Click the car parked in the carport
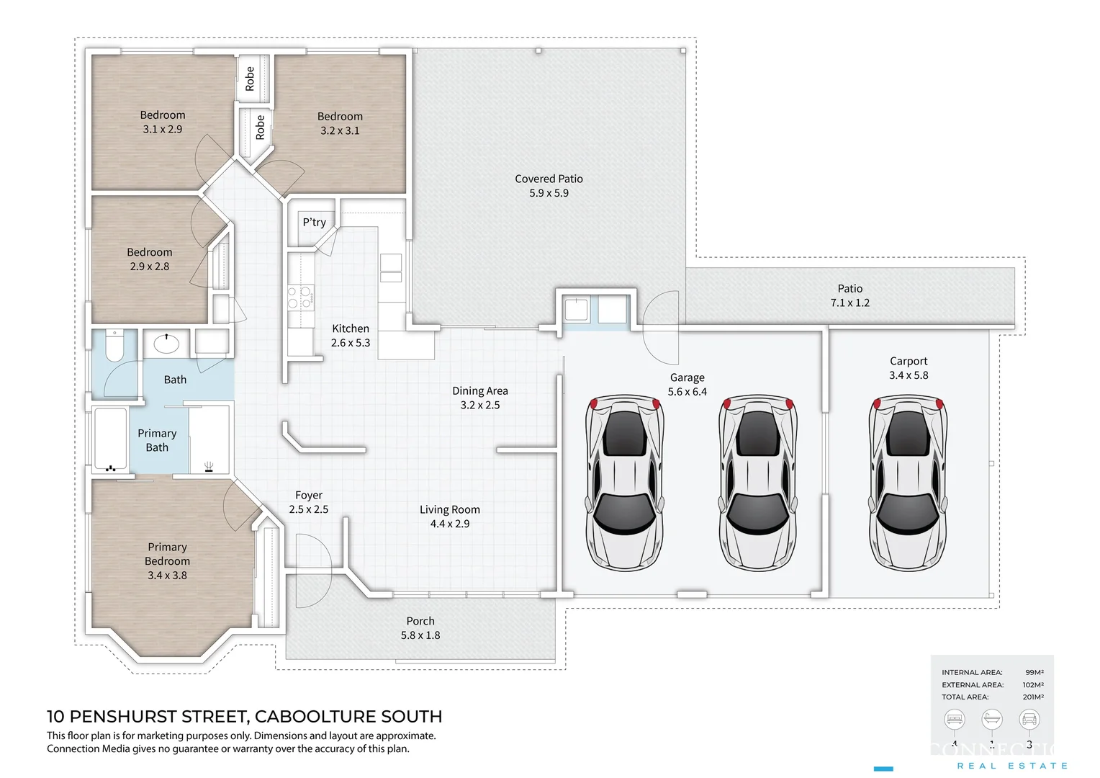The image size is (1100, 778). [908, 482]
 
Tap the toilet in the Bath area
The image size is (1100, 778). [114, 346]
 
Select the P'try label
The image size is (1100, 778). [314, 222]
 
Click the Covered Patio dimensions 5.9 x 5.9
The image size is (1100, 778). [549, 193]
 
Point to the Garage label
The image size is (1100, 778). [687, 377]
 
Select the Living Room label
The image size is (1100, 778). [449, 509]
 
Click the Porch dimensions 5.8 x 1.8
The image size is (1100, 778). [420, 635]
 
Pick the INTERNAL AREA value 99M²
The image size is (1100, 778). [1034, 672]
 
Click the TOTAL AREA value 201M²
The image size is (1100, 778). [1032, 697]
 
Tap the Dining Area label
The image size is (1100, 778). [479, 390]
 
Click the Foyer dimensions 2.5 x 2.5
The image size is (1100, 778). [308, 509]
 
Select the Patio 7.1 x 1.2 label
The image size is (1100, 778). [849, 295]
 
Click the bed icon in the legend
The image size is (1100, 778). [955, 719]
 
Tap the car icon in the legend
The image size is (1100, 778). [1029, 719]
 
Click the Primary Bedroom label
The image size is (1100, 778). [167, 554]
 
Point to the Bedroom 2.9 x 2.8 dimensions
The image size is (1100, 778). [150, 267]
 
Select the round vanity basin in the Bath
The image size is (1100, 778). [166, 344]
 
